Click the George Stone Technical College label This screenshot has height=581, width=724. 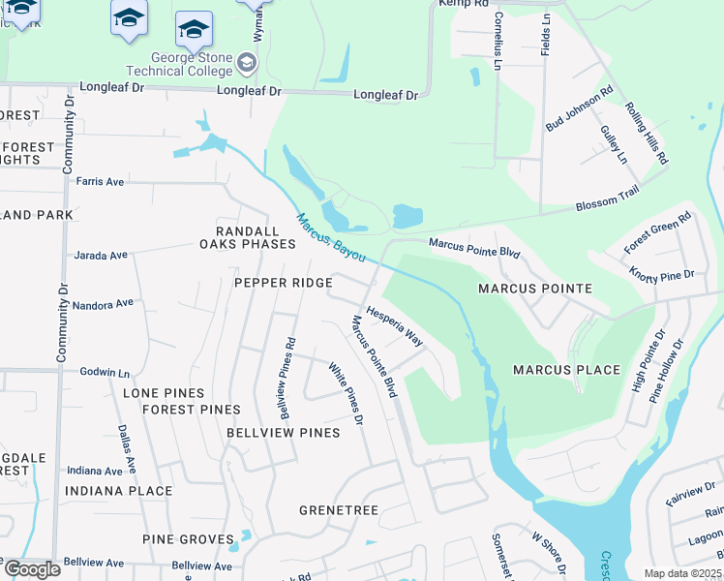click(179, 63)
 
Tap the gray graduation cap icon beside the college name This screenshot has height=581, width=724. click(248, 65)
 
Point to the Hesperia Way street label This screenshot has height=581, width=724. click(394, 326)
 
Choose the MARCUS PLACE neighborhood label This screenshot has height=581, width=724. click(566, 370)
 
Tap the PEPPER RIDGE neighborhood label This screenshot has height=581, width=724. click(283, 283)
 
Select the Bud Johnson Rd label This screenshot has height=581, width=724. click(580, 109)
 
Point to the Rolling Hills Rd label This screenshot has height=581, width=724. click(647, 132)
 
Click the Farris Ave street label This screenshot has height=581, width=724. click(101, 181)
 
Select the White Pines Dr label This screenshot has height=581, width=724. click(345, 394)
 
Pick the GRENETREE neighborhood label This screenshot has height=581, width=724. click(338, 509)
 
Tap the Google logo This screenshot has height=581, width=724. click(31, 568)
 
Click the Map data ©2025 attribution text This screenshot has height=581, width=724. click(682, 573)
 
